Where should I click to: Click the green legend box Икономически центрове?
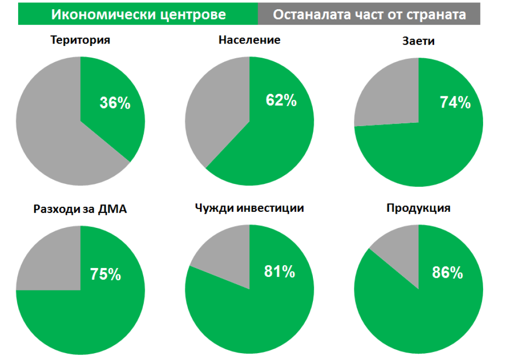click(138, 14)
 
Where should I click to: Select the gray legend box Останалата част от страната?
click(369, 14)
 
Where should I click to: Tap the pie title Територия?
click(80, 40)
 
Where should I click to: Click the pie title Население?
click(249, 40)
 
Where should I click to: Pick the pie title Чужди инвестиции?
click(249, 208)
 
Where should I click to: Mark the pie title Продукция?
click(419, 208)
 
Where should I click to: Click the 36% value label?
click(115, 103)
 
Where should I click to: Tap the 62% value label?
click(281, 100)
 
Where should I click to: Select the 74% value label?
click(455, 102)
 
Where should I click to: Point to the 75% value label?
click(105, 274)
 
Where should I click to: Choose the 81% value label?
click(280, 271)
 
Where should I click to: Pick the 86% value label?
click(447, 272)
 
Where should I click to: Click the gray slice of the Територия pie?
click(54, 137)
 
